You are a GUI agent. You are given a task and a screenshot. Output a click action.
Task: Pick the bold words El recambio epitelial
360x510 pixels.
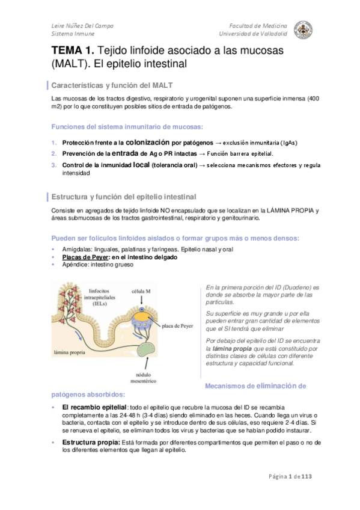point(94,407)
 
